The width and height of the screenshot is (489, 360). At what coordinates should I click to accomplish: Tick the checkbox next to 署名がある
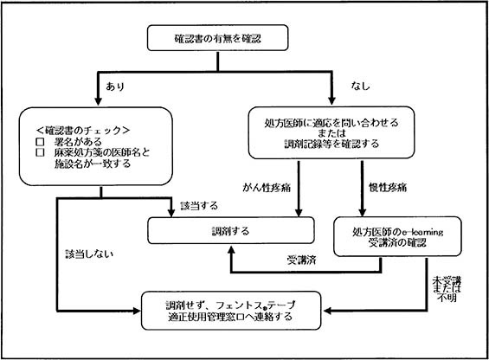[40, 141]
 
